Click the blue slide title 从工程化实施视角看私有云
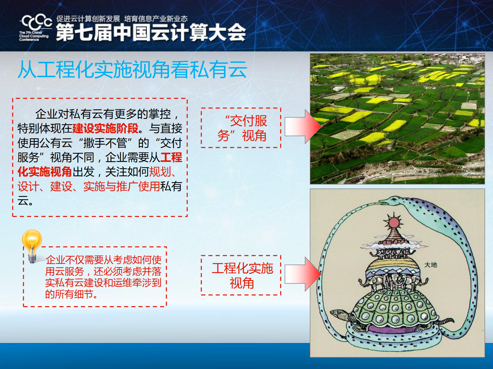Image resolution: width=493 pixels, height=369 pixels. pos(132,69)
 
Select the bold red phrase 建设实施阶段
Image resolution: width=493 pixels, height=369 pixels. pos(105,128)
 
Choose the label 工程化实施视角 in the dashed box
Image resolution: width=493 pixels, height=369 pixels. pos(241,275)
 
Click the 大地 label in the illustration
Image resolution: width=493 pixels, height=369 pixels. pos(431,265)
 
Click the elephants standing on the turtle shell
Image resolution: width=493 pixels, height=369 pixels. pos(393,281)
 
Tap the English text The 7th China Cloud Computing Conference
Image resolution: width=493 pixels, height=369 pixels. pos(33,36)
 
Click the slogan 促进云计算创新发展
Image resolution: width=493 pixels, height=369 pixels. pos(88,19)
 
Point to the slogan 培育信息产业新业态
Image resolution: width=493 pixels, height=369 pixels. pos(156,19)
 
